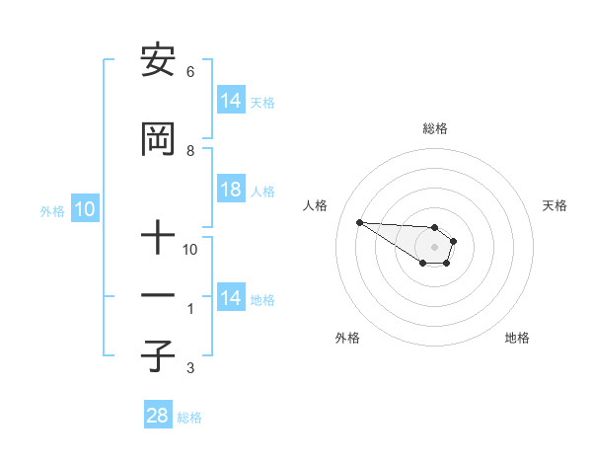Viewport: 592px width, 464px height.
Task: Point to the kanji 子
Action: [157, 355]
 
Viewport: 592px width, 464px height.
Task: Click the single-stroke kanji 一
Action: [157, 296]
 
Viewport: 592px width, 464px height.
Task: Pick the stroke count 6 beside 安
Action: [190, 72]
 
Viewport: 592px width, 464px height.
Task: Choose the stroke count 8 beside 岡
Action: [190, 151]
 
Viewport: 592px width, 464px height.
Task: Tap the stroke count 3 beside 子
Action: [190, 368]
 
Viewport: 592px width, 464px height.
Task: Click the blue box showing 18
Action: [231, 191]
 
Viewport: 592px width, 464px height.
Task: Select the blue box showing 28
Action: [158, 417]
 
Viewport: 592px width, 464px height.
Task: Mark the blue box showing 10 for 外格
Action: [85, 209]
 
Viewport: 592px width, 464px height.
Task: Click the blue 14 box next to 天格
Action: [231, 101]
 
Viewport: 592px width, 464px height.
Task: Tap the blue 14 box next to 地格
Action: [231, 298]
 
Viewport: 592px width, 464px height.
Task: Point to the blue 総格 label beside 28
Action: [189, 418]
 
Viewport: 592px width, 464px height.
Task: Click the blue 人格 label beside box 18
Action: [262, 192]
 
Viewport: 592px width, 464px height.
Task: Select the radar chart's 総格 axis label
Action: [434, 128]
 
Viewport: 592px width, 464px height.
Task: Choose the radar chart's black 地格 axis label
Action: [517, 338]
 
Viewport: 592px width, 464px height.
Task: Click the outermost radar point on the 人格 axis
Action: [359, 222]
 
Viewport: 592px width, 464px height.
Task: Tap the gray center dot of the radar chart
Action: [434, 246]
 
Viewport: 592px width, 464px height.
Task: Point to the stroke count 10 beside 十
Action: [190, 250]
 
